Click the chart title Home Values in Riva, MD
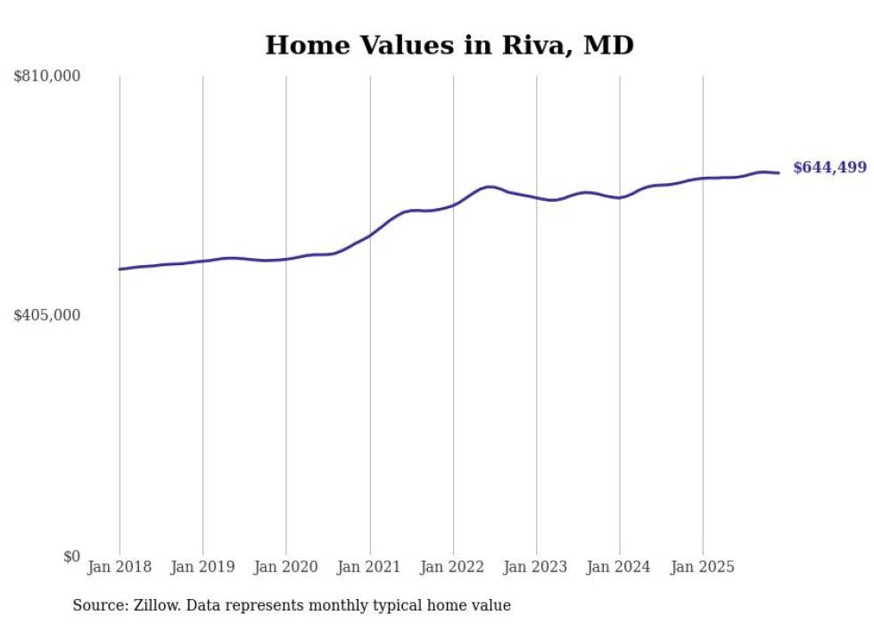[x=449, y=46]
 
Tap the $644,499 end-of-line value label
[x=829, y=168]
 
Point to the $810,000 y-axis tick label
[x=46, y=77]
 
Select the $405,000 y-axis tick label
[x=46, y=315]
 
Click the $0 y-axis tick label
[x=71, y=556]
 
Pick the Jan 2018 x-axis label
[x=120, y=567]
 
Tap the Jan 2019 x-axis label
[x=202, y=567]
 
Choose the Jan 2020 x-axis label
[x=286, y=567]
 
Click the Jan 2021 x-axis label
[x=369, y=567]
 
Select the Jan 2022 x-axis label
[x=453, y=567]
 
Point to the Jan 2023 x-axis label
[x=536, y=567]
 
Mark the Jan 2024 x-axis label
[x=620, y=567]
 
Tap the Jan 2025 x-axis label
[x=703, y=567]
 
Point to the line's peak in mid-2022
[x=489, y=187]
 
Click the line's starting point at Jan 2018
[x=120, y=269]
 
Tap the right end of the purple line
[x=779, y=173]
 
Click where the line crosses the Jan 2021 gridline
[x=369, y=235]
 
